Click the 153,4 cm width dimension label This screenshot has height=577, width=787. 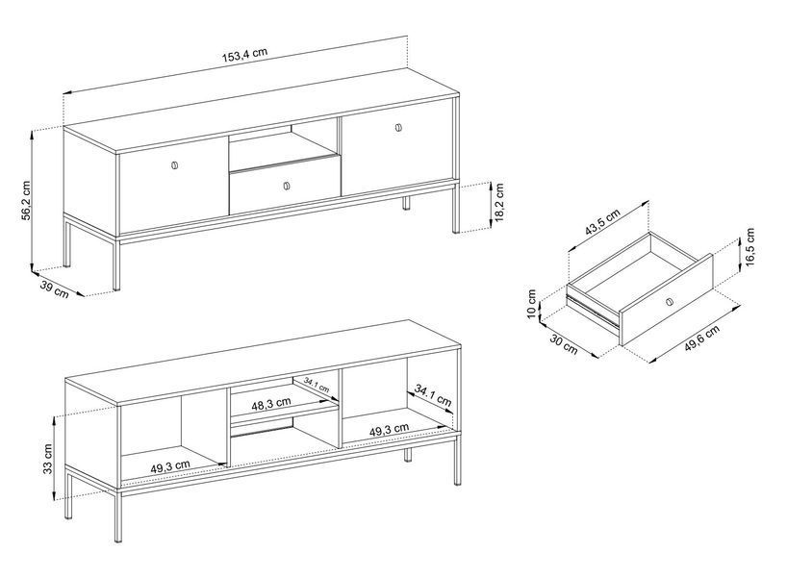point(245,54)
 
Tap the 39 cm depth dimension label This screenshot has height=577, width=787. point(54,289)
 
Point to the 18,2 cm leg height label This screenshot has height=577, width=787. point(499,202)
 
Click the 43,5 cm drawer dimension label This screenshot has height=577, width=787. point(602,221)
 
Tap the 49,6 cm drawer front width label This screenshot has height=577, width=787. point(702,339)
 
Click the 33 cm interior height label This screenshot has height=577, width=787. point(47,459)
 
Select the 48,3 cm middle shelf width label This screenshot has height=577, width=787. point(271,403)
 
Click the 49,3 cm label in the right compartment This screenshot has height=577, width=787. point(389,430)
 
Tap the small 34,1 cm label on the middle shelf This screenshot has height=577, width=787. point(317,386)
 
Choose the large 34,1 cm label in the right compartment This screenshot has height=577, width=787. point(433,395)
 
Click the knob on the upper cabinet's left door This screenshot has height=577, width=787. point(174,165)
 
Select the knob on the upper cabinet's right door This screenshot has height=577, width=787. point(398,128)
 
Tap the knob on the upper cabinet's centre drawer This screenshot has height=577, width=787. point(287,186)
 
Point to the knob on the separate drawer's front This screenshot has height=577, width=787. point(669,302)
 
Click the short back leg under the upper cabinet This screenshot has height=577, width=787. point(407,203)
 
